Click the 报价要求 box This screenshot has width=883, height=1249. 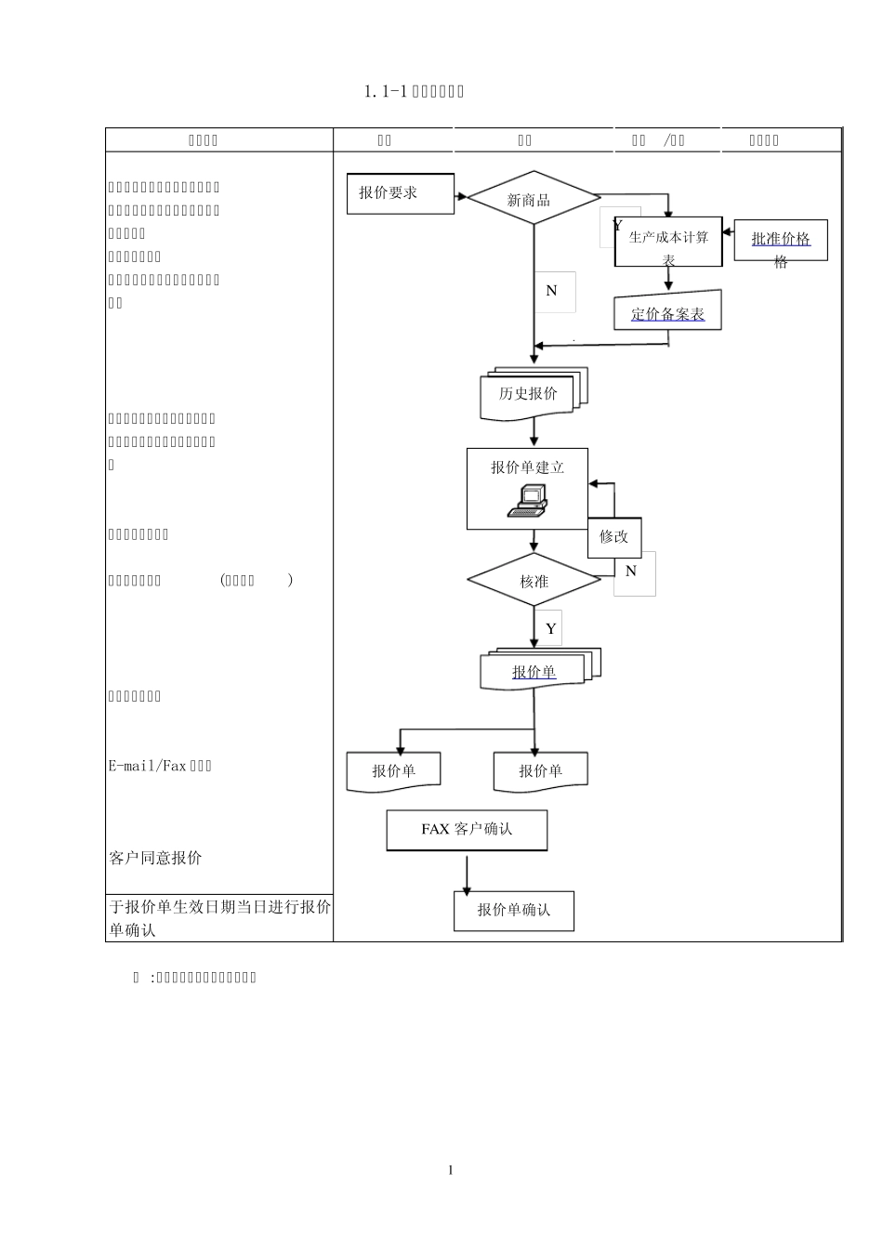pos(400,193)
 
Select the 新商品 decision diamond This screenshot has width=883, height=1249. pos(533,198)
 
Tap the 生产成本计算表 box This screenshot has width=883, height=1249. pos(668,243)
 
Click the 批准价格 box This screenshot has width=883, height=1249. pos(781,240)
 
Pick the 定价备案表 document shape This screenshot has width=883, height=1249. pos(667,312)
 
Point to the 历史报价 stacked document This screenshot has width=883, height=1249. pos(528,395)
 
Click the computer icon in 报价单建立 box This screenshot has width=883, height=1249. pos(527,501)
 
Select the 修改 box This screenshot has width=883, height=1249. pos(613,537)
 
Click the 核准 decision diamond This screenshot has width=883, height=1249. pos(534,581)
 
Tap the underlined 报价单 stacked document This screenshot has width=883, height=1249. pos(534,671)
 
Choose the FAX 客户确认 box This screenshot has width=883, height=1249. pos(467,829)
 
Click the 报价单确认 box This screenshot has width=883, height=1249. pos(513,910)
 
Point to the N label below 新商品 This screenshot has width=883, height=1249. pos(551,291)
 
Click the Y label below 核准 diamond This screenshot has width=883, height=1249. pos(550,629)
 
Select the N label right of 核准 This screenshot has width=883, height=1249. pos(631,572)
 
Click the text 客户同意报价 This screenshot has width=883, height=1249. pos(155,858)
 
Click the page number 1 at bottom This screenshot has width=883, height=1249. pos(451,1170)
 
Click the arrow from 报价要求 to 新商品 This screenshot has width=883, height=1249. pos(460,197)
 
